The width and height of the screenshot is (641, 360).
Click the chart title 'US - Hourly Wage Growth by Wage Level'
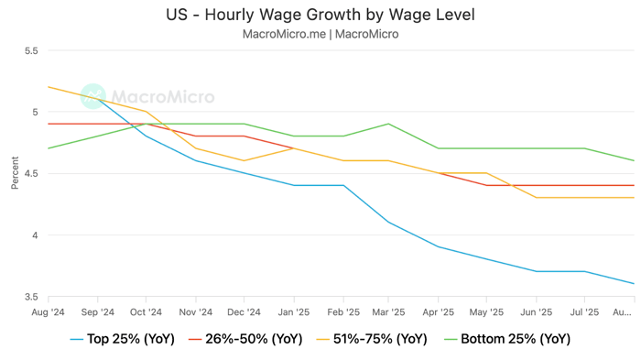[x=320, y=16]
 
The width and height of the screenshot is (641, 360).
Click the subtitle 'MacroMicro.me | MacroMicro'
[x=320, y=34]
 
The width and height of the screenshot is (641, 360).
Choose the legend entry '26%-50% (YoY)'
[x=245, y=339]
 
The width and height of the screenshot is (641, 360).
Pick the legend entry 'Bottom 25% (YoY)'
[x=508, y=339]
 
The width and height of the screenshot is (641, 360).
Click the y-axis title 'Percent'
[x=15, y=173]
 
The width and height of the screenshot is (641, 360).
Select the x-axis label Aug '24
[x=49, y=311]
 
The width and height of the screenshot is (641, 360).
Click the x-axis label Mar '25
[x=389, y=311]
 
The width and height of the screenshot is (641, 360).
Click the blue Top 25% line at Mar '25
[x=389, y=222]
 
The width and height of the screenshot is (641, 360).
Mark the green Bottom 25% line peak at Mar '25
[x=389, y=124]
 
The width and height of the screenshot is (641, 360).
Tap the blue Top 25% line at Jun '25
[x=536, y=271]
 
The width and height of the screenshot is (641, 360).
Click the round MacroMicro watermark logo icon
[x=92, y=96]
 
